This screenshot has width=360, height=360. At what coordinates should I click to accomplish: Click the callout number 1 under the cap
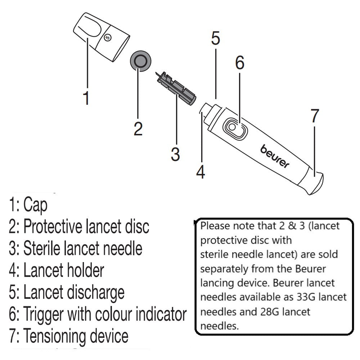[86, 98]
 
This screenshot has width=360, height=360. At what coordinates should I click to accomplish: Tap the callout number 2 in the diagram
[138, 129]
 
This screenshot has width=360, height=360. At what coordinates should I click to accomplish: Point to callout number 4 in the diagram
[201, 172]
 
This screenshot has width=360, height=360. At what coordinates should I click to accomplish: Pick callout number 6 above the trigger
[240, 63]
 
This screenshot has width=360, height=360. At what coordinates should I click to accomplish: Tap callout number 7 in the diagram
[315, 116]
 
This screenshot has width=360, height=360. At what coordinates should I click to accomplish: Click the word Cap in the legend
[35, 206]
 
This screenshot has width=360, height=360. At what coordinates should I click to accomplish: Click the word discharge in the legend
[95, 292]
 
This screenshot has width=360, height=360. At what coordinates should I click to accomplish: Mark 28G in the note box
[268, 311]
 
